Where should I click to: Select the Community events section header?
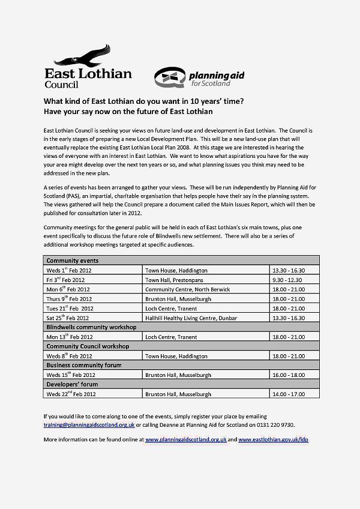73,261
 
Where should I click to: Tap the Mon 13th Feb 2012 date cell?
70,337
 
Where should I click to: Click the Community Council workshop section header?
89,346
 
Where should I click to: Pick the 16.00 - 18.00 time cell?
289,375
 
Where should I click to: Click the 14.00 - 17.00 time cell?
289,394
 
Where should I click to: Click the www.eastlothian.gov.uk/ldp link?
273,440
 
